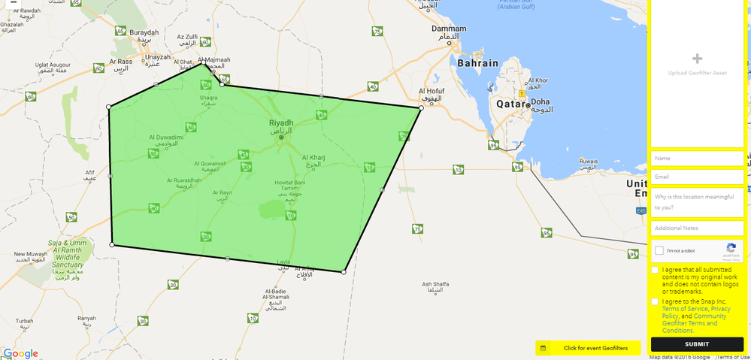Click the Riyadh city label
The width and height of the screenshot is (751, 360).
[281, 123]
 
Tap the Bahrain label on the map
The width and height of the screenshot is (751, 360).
[477, 63]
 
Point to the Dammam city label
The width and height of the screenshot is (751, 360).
[449, 29]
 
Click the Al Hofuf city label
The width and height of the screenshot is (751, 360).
[431, 92]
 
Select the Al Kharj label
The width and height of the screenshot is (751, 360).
[313, 158]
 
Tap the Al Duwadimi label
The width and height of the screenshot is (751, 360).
[166, 138]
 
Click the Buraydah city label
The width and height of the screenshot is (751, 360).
[144, 32]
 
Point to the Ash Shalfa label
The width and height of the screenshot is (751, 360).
[435, 284]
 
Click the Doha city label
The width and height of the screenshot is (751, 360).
[541, 101]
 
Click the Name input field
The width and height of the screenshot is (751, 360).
[697, 159]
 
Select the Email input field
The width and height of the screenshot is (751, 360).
[697, 177]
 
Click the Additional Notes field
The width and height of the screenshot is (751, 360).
[697, 228]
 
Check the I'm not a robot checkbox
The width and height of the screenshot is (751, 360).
[659, 250]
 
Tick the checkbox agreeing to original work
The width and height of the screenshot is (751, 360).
[655, 270]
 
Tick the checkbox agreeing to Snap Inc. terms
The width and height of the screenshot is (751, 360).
[655, 301]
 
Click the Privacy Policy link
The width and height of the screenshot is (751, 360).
[720, 309]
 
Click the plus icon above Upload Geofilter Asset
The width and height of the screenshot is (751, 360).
[697, 59]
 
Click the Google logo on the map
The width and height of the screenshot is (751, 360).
[20, 353]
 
